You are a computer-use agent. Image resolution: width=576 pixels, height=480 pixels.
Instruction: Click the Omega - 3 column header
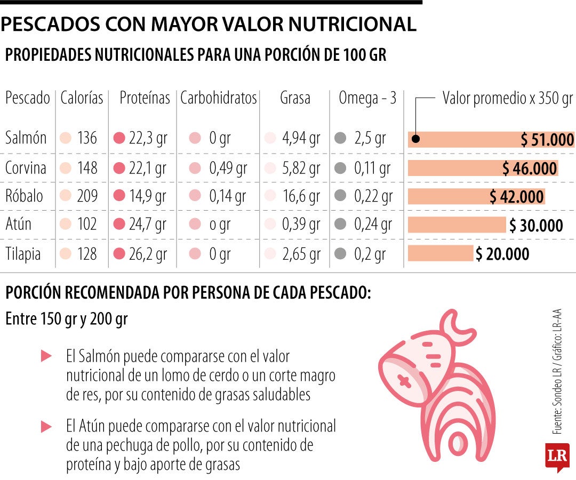[367, 98]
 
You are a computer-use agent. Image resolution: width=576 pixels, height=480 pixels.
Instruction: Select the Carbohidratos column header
[219, 98]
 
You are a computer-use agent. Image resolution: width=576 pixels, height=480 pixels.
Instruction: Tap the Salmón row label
[26, 139]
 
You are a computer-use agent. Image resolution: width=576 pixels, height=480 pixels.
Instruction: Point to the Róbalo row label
[24, 196]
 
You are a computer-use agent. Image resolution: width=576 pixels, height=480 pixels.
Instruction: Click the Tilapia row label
[23, 254]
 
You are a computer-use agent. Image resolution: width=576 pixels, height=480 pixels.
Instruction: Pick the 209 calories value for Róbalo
[87, 196]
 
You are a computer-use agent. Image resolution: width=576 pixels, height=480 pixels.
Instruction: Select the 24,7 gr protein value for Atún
[148, 225]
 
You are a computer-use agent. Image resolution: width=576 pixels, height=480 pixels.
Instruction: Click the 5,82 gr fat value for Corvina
[301, 168]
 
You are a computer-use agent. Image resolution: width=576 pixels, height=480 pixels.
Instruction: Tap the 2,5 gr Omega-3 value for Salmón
[370, 139]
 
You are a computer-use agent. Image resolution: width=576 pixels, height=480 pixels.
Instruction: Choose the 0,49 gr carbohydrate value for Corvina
[228, 168]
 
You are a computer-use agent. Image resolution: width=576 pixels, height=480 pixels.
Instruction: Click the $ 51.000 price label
[548, 140]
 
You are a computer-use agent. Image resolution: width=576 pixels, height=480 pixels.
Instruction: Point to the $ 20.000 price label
[502, 254]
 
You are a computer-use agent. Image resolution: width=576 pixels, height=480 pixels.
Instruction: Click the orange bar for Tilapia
[441, 254]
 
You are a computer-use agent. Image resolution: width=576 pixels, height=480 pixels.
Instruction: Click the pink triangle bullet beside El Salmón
[46, 355]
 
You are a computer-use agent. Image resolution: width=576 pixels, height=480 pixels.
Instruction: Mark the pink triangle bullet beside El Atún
[46, 426]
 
